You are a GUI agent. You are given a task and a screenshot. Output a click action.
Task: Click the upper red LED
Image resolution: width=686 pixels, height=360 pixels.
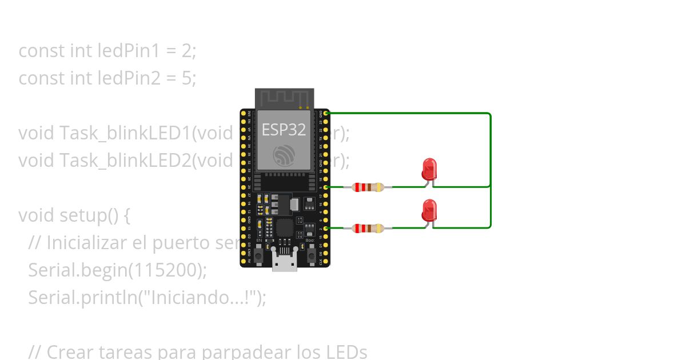[x=429, y=169]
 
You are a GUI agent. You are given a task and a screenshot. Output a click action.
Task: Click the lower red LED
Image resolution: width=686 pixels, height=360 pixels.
[x=429, y=210]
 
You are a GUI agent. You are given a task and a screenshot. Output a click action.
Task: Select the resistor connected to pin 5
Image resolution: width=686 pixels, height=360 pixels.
[x=368, y=187]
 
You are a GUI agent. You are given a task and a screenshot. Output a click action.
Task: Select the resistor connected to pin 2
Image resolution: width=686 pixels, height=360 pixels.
[x=368, y=229]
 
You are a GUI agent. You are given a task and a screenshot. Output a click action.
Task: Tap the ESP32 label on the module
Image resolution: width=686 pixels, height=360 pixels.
[x=284, y=130]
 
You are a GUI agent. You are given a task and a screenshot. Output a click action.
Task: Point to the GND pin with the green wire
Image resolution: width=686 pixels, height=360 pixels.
[x=326, y=114]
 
